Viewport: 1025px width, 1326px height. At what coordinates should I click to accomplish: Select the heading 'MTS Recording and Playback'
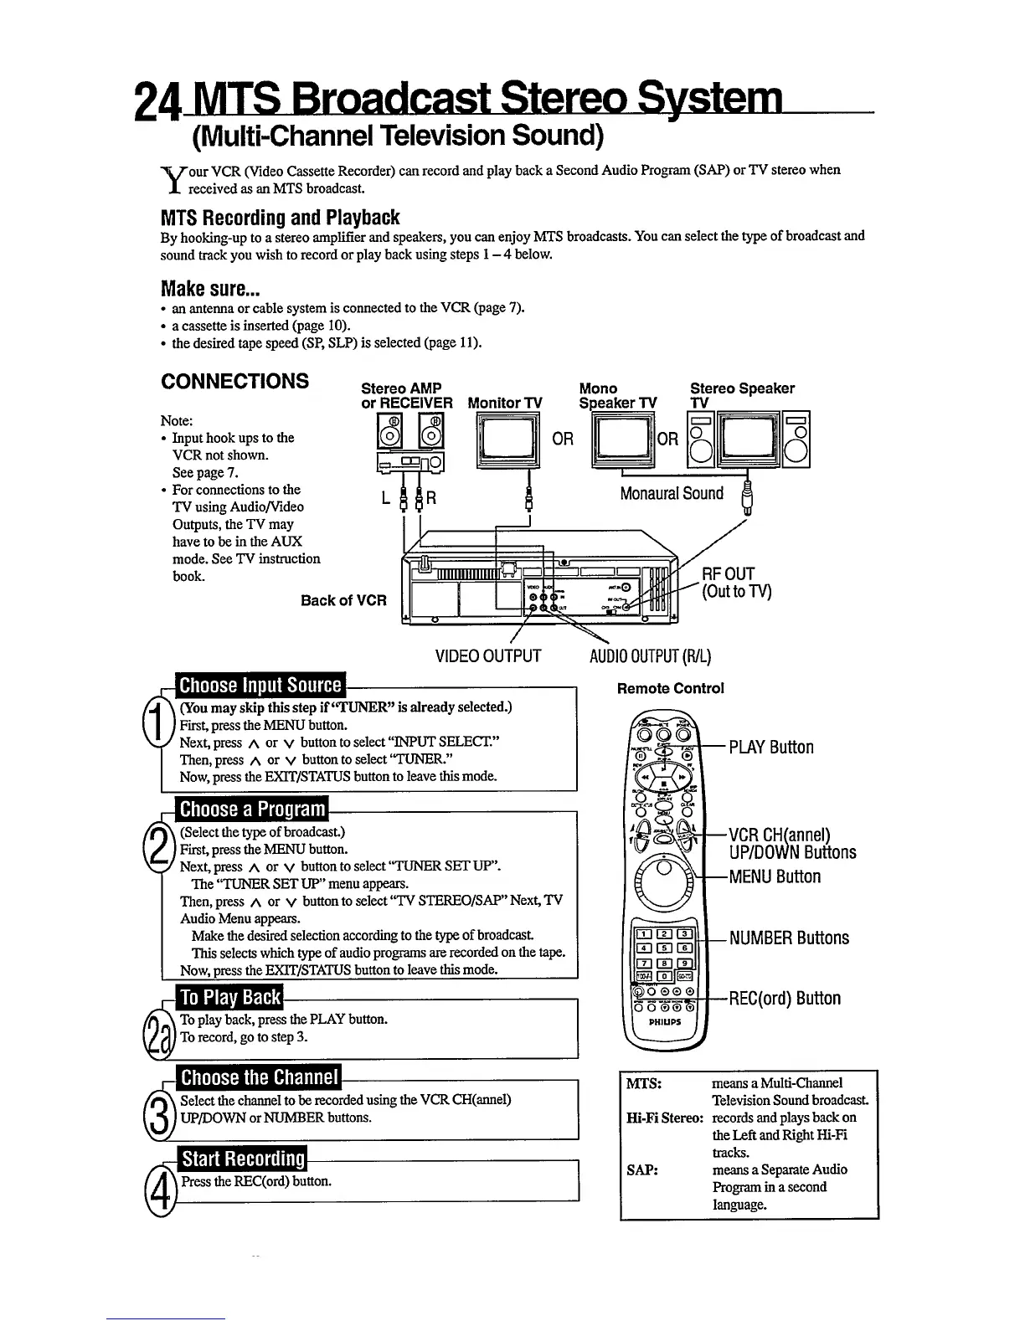(280, 218)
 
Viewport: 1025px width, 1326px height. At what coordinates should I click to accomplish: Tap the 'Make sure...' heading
(210, 290)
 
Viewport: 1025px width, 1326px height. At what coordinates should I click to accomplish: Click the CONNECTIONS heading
(234, 382)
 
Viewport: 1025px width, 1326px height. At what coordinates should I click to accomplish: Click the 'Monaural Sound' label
(672, 493)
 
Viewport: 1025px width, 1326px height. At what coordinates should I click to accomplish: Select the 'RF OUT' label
(728, 573)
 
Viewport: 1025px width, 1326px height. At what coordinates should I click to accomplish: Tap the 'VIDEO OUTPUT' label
(488, 655)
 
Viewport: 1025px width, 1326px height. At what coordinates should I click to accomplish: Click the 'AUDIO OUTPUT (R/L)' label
(651, 655)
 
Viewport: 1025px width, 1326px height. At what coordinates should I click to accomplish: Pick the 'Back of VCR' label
(343, 600)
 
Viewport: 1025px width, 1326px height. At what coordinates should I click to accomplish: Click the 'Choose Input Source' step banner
(260, 686)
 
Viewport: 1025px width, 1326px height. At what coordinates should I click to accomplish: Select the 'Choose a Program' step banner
(252, 809)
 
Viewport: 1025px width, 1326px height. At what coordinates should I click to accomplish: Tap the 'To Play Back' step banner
(230, 997)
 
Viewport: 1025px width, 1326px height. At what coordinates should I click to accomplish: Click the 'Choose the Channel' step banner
(260, 1077)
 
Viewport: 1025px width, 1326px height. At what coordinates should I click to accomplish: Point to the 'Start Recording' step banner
(243, 1159)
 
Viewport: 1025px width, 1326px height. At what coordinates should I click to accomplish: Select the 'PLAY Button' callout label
(770, 747)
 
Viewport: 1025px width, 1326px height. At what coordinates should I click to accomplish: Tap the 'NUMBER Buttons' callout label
(789, 938)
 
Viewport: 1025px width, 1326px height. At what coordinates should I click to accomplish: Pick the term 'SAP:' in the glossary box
(641, 1169)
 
